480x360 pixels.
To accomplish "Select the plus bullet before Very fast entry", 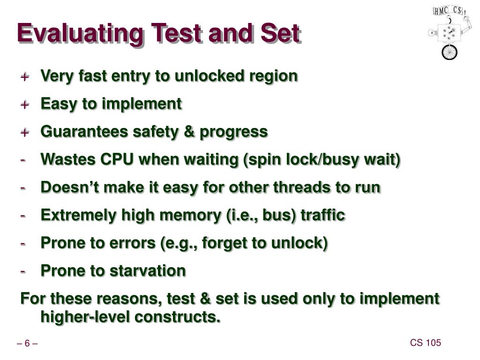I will coord(25,76).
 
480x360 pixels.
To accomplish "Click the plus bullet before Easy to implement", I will coord(25,105).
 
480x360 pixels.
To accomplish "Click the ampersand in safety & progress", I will coord(190,132).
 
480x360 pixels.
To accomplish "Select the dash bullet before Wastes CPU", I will coord(23,160).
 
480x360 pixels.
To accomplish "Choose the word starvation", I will coord(148,270).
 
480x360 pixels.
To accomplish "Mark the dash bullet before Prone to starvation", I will coord(23,271).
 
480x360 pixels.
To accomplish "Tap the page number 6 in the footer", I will coord(27,344).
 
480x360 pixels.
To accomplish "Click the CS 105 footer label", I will coord(426,343).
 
